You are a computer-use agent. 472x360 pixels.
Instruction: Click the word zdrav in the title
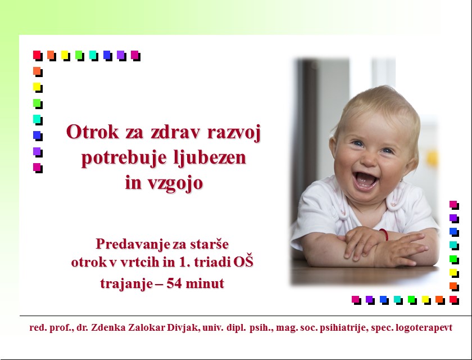(175, 132)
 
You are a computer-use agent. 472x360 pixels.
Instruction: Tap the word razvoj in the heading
(234, 133)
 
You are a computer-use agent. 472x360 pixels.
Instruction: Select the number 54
(174, 283)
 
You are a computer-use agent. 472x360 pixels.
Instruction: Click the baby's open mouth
(365, 180)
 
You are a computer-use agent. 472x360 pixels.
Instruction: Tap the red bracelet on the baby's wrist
(384, 235)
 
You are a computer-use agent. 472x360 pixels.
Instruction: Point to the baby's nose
(369, 160)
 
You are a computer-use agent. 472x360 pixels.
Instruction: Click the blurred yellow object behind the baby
(432, 159)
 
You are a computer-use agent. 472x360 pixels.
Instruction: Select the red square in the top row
(38, 56)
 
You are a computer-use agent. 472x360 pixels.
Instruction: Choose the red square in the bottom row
(454, 300)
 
